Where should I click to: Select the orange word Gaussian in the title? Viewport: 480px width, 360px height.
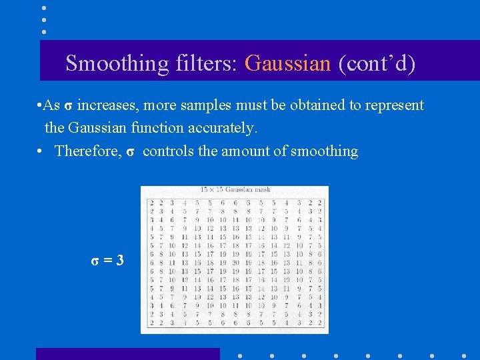click(287, 64)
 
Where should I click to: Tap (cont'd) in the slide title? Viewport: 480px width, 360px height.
click(377, 64)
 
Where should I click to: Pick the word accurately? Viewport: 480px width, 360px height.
click(222, 127)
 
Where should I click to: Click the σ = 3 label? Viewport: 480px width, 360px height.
click(107, 260)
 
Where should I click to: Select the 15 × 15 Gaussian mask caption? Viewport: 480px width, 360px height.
click(235, 190)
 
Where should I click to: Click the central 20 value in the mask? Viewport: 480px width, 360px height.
click(235, 263)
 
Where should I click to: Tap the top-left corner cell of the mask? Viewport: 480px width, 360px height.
click(152, 202)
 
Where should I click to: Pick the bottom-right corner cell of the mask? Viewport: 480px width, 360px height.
click(320, 323)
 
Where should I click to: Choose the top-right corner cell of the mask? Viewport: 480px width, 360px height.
click(320, 202)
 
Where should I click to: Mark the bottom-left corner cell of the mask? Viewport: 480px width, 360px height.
click(152, 323)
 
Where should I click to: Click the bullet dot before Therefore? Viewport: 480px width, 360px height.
click(41, 151)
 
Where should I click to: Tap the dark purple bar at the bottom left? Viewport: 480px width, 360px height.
click(127, 354)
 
